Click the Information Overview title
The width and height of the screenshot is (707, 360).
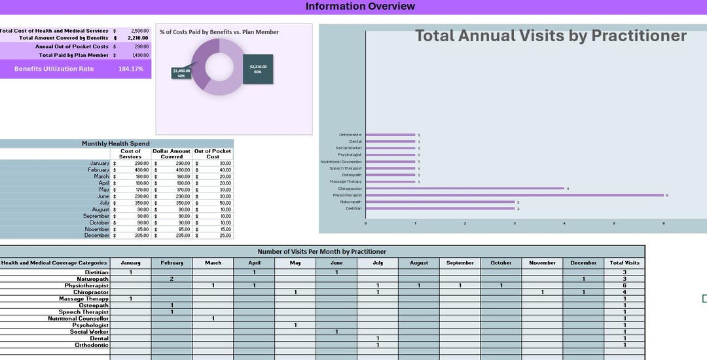(360, 7)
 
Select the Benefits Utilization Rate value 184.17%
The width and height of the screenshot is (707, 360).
(130, 69)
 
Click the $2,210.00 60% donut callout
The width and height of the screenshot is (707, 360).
(258, 69)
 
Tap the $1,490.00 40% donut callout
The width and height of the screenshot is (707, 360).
(182, 73)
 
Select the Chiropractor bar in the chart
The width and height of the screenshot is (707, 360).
(465, 189)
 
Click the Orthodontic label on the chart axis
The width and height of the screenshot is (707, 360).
(350, 135)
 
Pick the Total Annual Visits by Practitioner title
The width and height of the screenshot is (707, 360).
(551, 36)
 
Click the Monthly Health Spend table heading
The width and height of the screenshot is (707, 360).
(116, 143)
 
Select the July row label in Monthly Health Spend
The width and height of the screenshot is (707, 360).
(100, 203)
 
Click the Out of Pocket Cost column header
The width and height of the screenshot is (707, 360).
(213, 154)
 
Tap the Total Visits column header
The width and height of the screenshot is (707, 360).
(624, 263)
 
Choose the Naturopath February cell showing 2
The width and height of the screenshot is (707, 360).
(172, 279)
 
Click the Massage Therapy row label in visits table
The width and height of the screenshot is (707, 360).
(83, 298)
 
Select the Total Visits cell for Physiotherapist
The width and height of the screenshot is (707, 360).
(624, 285)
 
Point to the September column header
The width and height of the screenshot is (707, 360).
(460, 263)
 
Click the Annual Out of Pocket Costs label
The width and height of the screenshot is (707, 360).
(72, 46)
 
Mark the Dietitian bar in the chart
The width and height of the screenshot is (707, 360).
(440, 209)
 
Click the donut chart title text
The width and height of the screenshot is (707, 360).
(219, 32)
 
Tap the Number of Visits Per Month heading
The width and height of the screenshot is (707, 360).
(321, 251)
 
